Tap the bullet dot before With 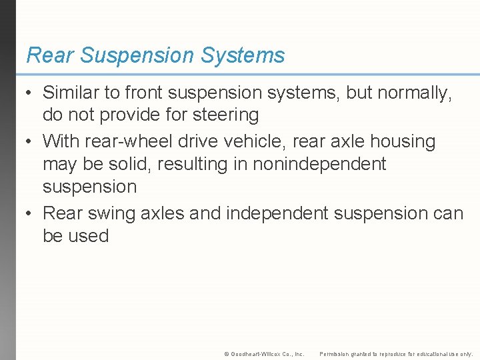pyautogui.click(x=30, y=142)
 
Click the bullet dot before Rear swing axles pyautogui.click(x=30, y=214)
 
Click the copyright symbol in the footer pyautogui.click(x=227, y=354)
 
